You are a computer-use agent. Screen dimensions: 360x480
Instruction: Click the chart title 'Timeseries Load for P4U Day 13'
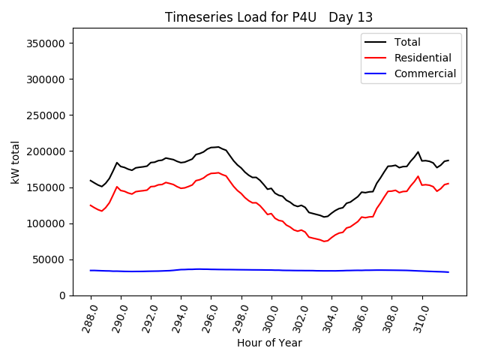[x=268, y=17]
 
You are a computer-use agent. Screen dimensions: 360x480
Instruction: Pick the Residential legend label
[x=422, y=58]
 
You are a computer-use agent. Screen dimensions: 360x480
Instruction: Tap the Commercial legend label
[x=424, y=73]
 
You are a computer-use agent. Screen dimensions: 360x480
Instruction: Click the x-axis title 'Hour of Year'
[x=269, y=343]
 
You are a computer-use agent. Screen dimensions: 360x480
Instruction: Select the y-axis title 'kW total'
[x=15, y=162]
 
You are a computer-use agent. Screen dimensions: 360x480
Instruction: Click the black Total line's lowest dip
[x=325, y=217]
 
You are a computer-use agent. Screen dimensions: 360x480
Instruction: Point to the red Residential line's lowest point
[x=325, y=241]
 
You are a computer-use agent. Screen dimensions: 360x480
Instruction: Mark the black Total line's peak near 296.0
[x=217, y=147]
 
